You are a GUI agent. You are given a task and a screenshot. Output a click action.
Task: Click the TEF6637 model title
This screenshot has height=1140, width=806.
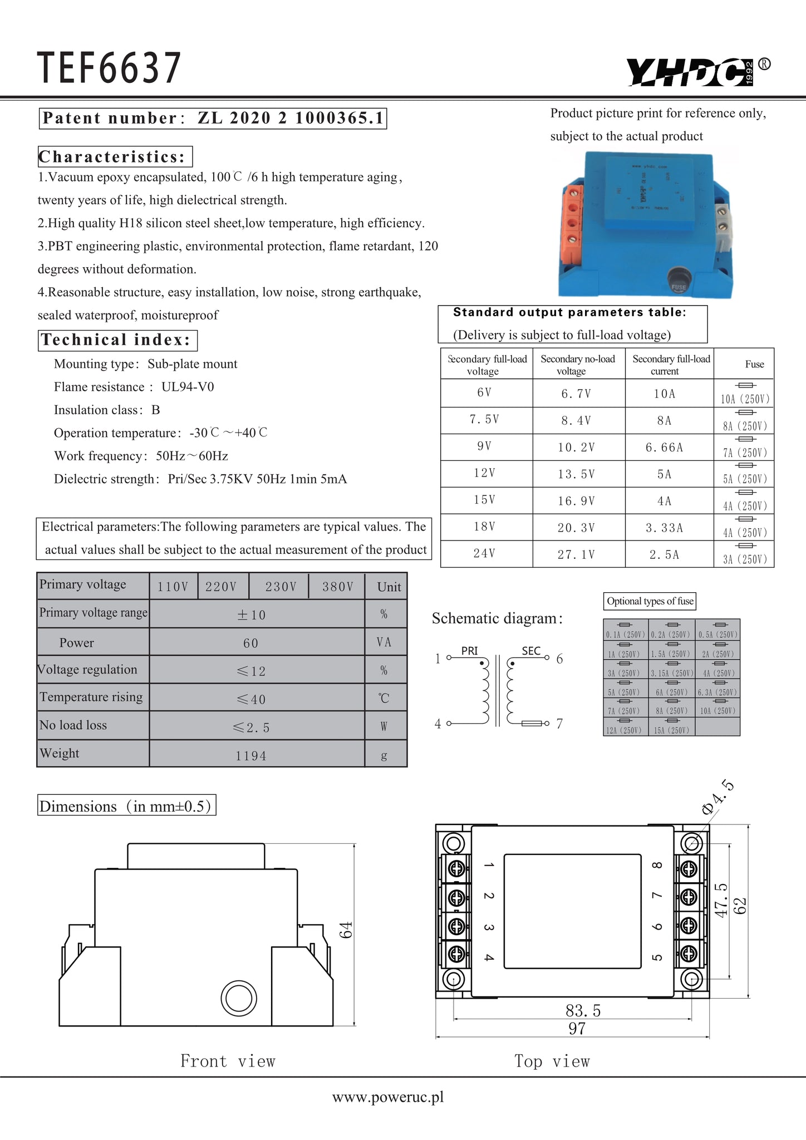109,69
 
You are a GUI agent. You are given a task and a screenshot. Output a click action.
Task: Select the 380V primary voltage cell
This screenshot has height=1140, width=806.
337,587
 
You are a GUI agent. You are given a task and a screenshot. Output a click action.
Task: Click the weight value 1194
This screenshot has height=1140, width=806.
250,755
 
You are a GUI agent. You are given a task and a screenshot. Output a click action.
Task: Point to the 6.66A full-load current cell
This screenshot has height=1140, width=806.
664,448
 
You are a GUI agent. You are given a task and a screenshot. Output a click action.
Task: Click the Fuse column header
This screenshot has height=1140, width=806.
754,364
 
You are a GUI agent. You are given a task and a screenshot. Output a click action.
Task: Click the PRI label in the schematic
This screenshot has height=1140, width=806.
469,651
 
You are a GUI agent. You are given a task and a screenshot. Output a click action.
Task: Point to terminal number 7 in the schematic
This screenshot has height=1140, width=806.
559,724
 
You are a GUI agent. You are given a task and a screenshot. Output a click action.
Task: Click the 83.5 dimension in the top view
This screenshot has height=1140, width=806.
583,1010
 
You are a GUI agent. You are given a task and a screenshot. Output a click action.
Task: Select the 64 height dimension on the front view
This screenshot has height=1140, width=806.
346,930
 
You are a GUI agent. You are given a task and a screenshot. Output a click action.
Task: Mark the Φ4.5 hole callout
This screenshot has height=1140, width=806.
719,798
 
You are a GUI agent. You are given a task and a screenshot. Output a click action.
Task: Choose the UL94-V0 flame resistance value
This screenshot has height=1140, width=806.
188,387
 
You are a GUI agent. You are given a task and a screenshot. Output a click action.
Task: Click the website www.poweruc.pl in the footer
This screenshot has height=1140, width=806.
388,1097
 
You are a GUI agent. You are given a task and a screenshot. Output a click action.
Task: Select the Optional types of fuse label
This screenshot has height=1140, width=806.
650,601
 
